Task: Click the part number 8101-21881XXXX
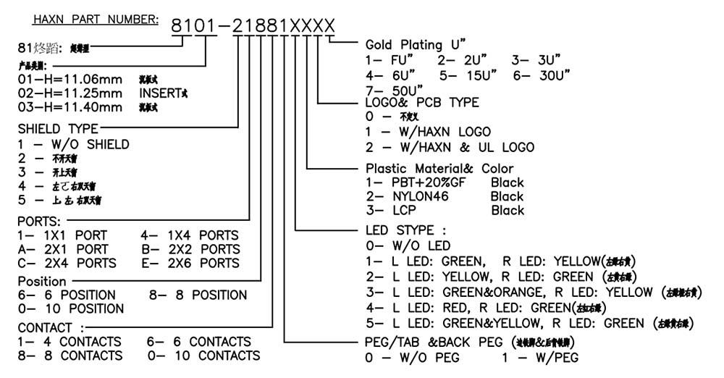pos(253,27)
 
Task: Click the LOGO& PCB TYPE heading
pos(422,103)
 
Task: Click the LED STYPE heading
pos(411,230)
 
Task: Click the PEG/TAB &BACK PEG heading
pos(434,342)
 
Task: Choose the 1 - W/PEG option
pos(539,357)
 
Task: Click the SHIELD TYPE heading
pos(59,128)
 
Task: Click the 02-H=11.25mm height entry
pos(70,93)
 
